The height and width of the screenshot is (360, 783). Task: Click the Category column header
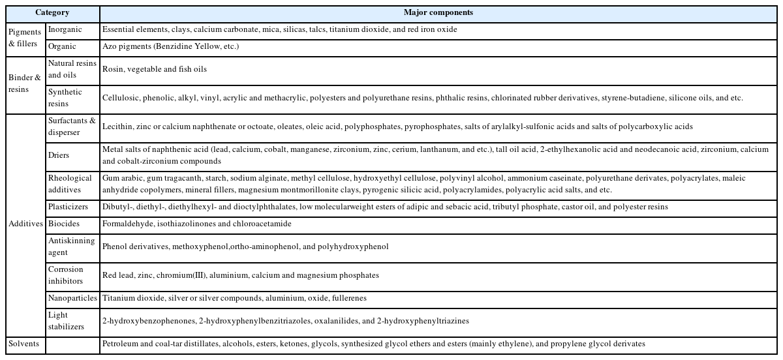coord(52,12)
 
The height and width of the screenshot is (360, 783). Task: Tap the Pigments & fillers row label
coord(25,38)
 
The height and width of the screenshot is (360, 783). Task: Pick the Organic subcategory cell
coord(62,47)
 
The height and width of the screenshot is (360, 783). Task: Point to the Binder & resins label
coord(25,83)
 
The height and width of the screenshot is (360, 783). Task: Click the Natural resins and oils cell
coord(72,69)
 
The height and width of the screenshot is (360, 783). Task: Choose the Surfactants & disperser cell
coord(72,127)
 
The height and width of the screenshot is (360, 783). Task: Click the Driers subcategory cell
coord(59,155)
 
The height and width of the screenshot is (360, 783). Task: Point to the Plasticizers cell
coord(68,207)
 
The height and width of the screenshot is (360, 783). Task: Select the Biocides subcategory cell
coord(63,224)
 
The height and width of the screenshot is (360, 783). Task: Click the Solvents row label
coord(23,344)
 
